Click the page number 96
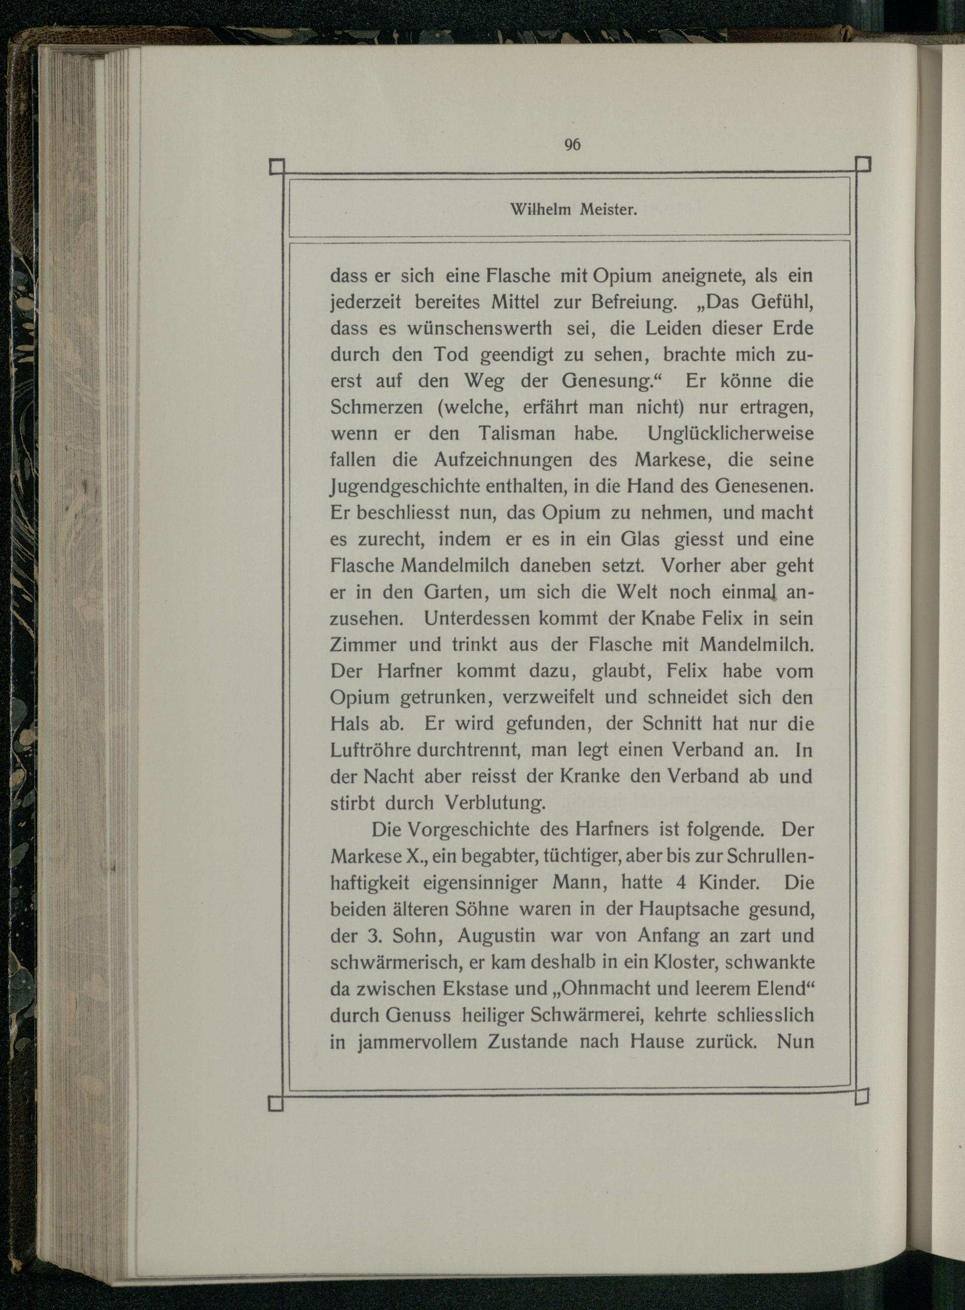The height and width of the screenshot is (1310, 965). click(x=572, y=145)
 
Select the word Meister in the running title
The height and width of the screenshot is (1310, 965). click(x=607, y=210)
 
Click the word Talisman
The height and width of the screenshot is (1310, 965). click(x=516, y=434)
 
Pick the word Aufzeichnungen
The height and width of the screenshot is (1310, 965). click(x=503, y=460)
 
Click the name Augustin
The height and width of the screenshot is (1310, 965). click(x=496, y=935)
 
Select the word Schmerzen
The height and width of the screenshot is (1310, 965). click(x=376, y=408)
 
